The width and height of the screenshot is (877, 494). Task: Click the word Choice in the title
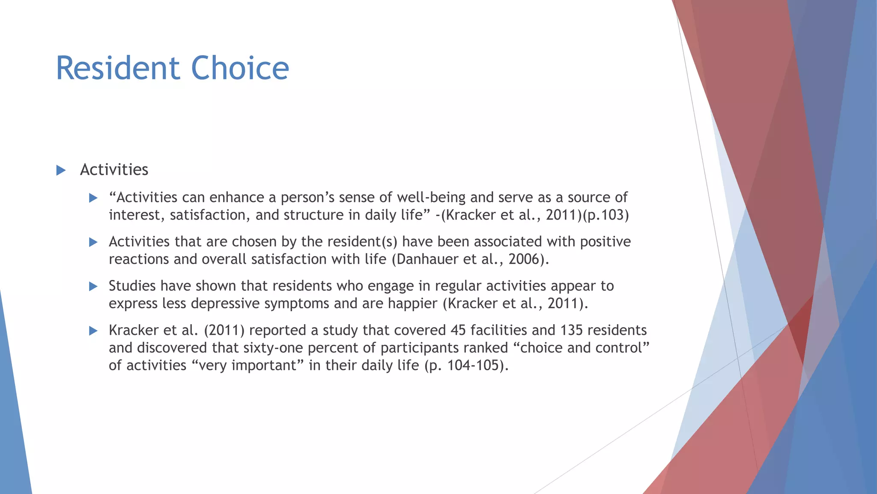point(240,68)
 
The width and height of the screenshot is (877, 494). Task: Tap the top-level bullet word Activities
point(114,170)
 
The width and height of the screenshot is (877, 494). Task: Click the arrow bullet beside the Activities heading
point(61,170)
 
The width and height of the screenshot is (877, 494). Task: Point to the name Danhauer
point(428,259)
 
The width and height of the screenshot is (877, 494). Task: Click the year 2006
point(525,259)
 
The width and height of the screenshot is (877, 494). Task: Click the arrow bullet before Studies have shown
point(93,286)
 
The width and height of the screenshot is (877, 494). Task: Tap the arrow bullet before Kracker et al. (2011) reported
point(93,331)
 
